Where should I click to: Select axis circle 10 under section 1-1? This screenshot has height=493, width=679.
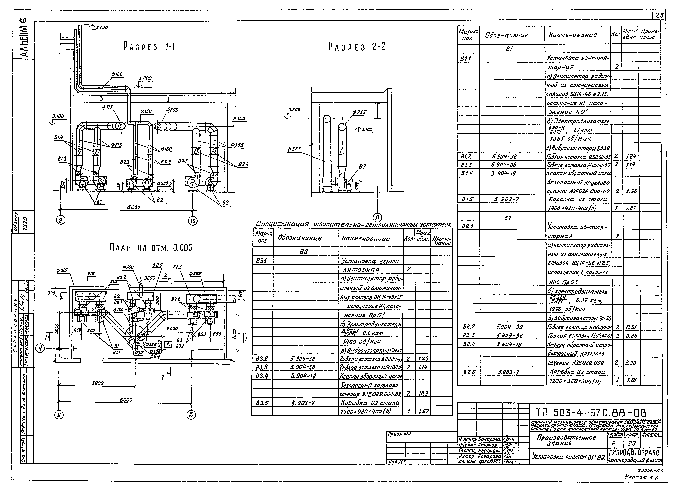point(193,221)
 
